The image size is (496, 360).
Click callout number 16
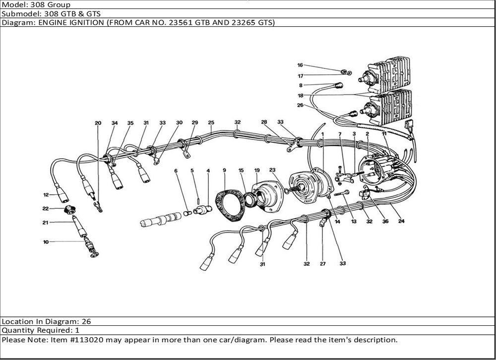click(x=300, y=65)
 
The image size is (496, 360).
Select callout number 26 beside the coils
click(x=300, y=105)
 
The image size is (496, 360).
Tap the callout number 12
click(x=46, y=194)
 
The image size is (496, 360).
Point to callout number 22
click(x=46, y=208)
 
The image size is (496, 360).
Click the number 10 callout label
click(x=46, y=242)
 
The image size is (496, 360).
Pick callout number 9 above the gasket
click(x=224, y=171)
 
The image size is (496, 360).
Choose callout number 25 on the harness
click(x=211, y=122)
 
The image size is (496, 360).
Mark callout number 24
click(x=401, y=221)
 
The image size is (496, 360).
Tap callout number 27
click(x=322, y=264)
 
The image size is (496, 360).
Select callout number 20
click(x=98, y=123)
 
